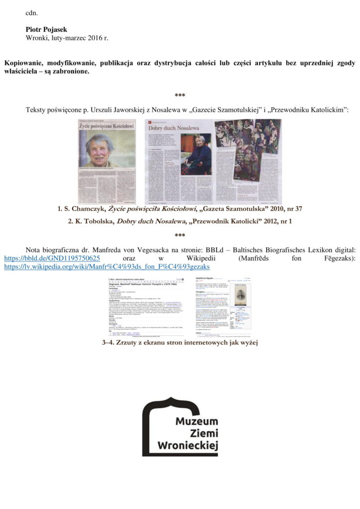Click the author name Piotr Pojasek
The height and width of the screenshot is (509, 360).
click(x=47, y=29)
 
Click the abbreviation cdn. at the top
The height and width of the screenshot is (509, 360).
click(x=32, y=13)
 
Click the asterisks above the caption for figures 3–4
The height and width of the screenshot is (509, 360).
click(x=180, y=235)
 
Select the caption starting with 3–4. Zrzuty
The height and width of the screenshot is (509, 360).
click(x=180, y=342)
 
